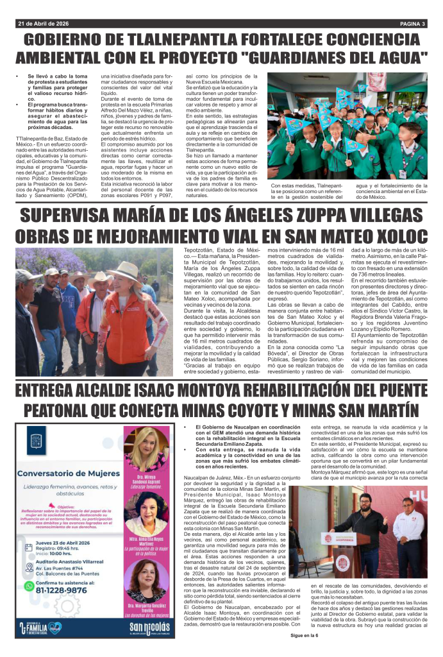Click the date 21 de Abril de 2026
pyautogui.click(x=44, y=24)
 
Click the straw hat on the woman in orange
pyautogui.click(x=127, y=269)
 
